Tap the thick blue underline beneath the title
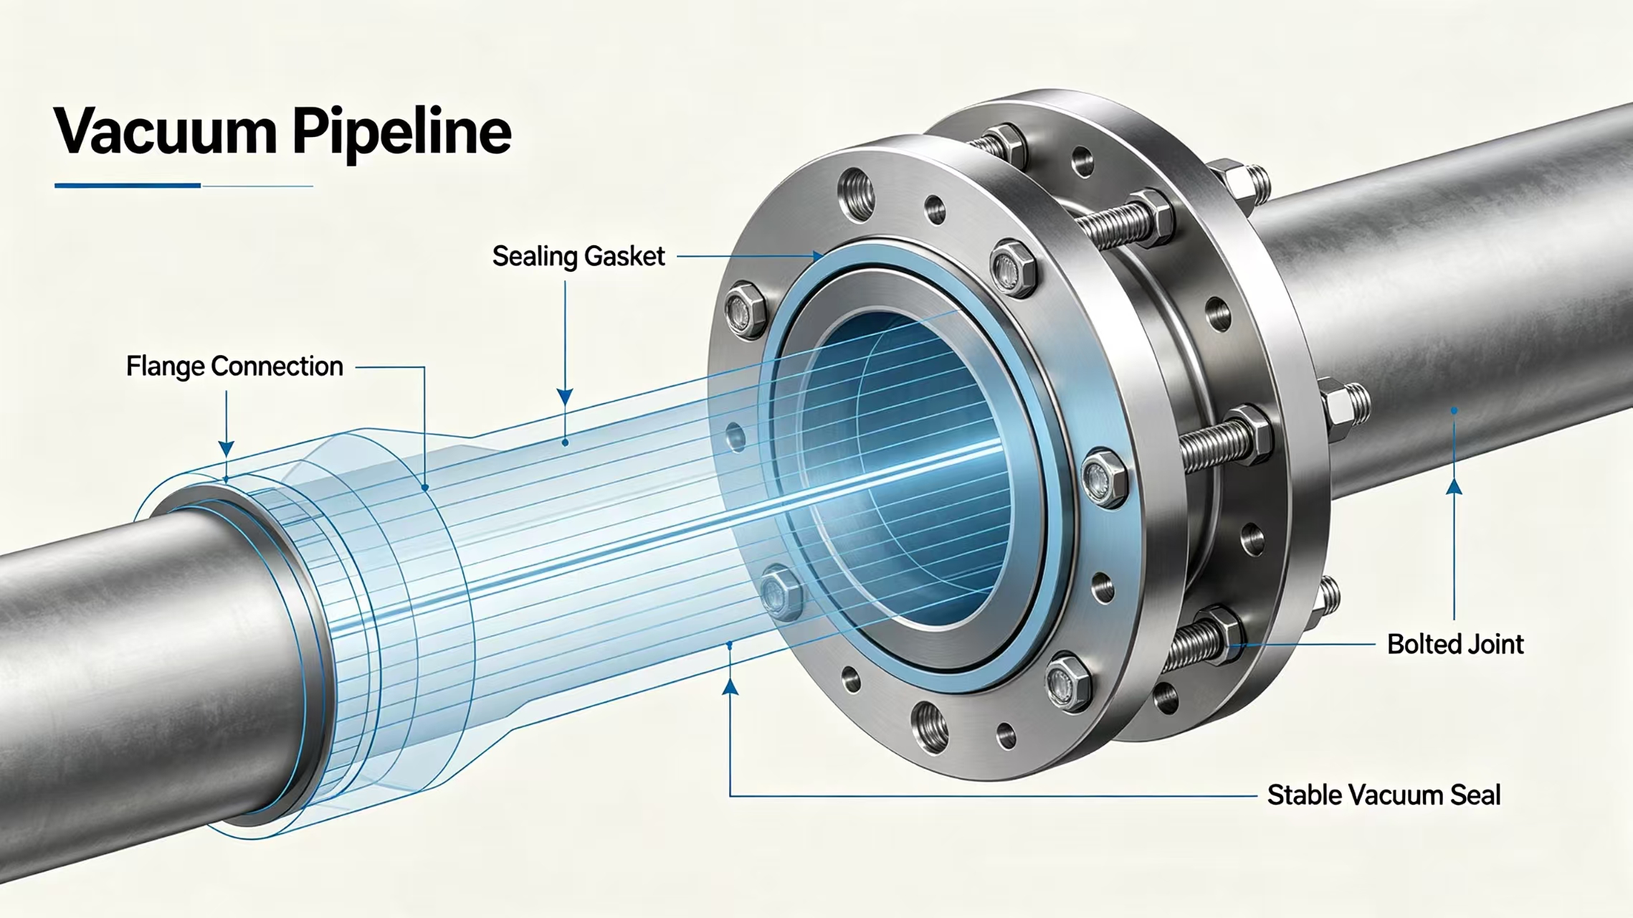128,186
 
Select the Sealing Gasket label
579,257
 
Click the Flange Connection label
234,366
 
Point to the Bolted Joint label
1455,644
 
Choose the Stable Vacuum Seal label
1384,795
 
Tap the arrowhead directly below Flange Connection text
227,449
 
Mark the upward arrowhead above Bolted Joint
1454,487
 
